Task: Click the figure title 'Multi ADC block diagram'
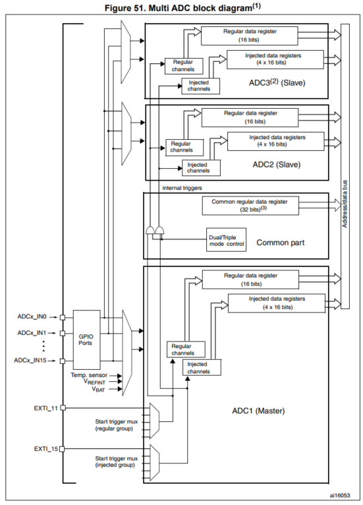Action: coord(181,7)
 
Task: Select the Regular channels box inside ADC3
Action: coord(178,65)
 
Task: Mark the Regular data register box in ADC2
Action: coord(248,117)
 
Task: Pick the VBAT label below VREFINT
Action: coord(98,389)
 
